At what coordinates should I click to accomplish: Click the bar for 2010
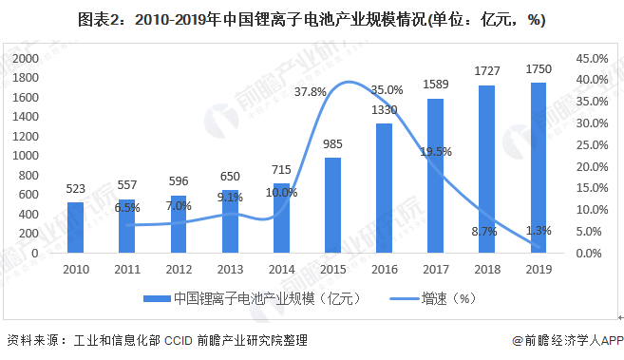pos(75,228)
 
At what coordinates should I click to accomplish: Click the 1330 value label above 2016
pos(384,110)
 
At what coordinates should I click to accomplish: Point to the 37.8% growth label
pos(310,92)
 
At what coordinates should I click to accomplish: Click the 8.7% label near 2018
pos(484,231)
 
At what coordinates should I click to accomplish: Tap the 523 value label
pos(75,189)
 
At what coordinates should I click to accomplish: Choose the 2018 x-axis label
pos(486,267)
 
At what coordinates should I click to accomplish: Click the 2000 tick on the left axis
pos(25,58)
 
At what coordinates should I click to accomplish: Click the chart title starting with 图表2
pos(312,19)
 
